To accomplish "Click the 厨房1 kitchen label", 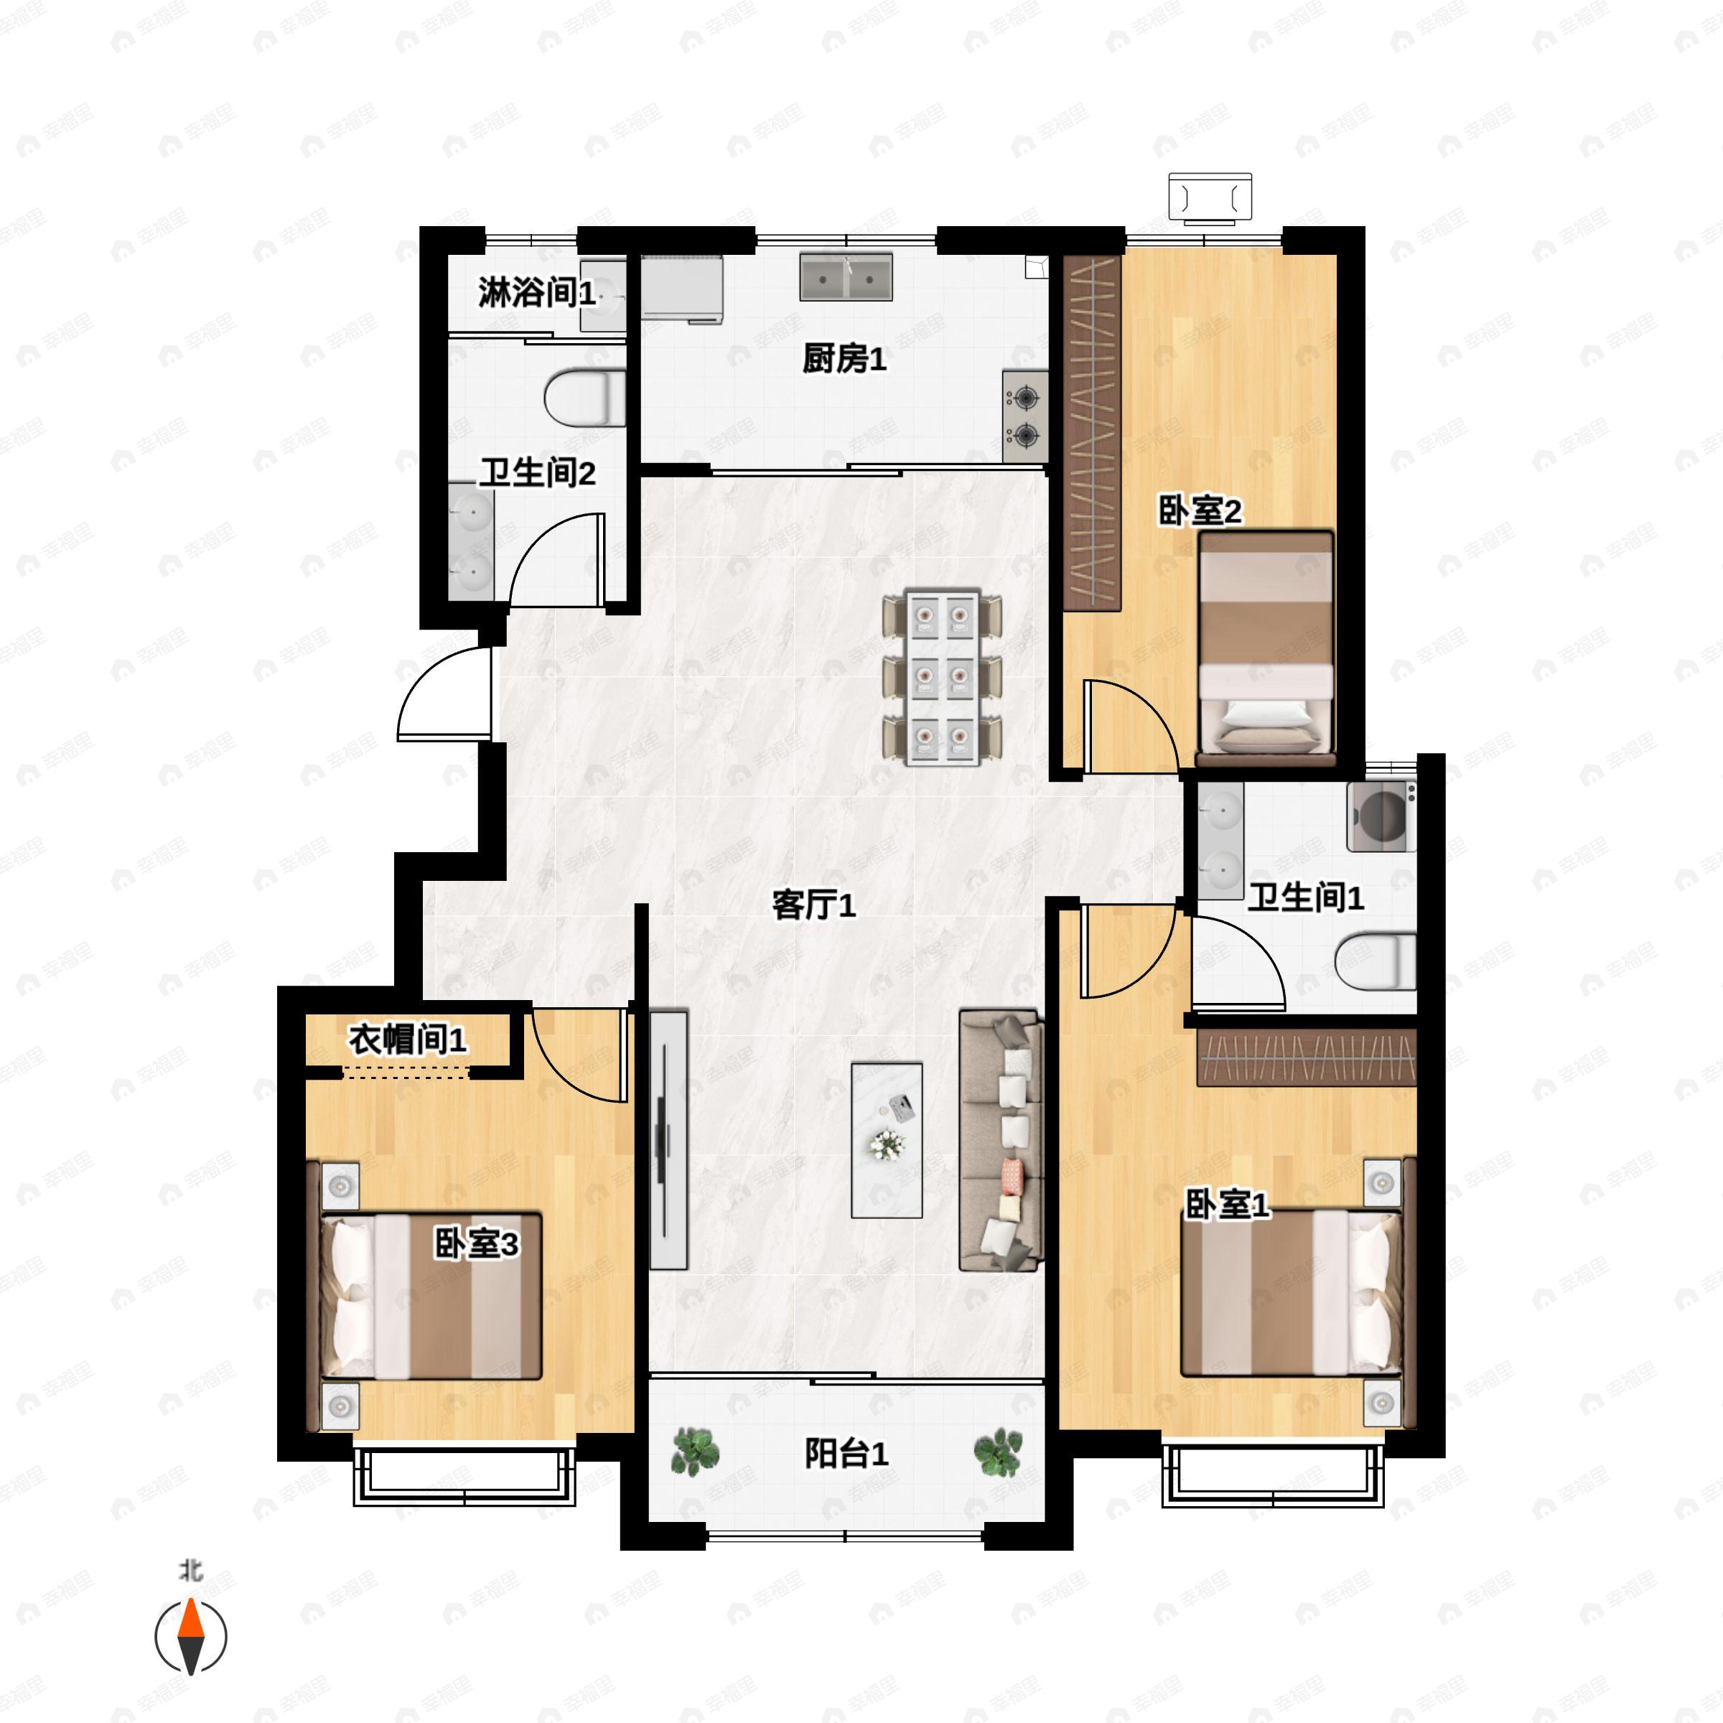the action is pyautogui.click(x=844, y=360).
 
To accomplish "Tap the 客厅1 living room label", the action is pyautogui.click(x=813, y=905).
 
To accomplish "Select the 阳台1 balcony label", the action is pyautogui.click(x=846, y=1454).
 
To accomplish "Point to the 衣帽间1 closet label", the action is pyautogui.click(x=408, y=1039).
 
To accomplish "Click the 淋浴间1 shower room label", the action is pyautogui.click(x=537, y=291).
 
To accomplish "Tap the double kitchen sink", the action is pyautogui.click(x=846, y=276).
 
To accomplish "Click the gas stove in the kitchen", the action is pyautogui.click(x=1024, y=416).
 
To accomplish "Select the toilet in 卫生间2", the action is pyautogui.click(x=586, y=398).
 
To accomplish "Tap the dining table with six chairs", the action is pyautogui.click(x=942, y=676).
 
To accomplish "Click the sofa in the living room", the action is pyautogui.click(x=1001, y=1140).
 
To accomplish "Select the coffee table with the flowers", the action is pyautogui.click(x=887, y=1140).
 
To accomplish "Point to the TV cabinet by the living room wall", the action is pyautogui.click(x=668, y=1140).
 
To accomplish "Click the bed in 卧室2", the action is pyautogui.click(x=1266, y=648).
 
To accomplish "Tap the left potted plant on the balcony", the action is pyautogui.click(x=695, y=1451).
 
